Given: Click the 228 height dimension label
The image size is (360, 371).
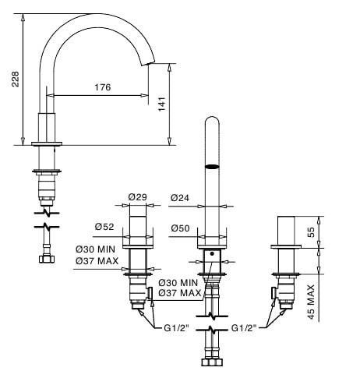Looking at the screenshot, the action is (16, 79).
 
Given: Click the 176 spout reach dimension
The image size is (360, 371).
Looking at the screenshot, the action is (102, 87).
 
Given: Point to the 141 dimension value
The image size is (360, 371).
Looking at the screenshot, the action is (162, 104).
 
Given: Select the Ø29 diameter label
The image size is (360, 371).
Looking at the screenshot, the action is (137, 197).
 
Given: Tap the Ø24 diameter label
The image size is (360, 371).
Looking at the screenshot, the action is (180, 198).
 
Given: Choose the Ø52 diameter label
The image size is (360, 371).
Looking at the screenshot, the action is (104, 227).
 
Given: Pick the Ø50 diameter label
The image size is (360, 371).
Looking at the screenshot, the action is (180, 228).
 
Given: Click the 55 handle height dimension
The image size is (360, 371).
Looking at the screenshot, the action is (311, 232).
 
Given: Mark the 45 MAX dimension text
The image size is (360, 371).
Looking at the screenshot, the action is (311, 302).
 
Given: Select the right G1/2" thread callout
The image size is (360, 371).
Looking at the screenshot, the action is (244, 328).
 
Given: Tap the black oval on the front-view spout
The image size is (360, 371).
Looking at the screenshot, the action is (212, 167).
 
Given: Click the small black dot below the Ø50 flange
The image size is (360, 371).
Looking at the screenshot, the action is (212, 253).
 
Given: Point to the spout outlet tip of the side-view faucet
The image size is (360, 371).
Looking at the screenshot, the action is (148, 64).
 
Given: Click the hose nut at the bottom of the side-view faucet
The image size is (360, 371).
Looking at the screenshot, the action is (47, 259).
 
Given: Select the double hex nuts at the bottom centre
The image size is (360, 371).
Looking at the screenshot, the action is (212, 362).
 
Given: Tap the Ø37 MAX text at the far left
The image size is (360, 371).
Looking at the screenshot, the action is (97, 260).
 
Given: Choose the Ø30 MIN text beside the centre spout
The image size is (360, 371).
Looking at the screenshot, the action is (178, 282).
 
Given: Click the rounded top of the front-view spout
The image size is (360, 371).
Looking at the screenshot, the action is (212, 117).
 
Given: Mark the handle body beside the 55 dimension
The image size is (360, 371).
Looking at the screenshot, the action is (286, 231).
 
